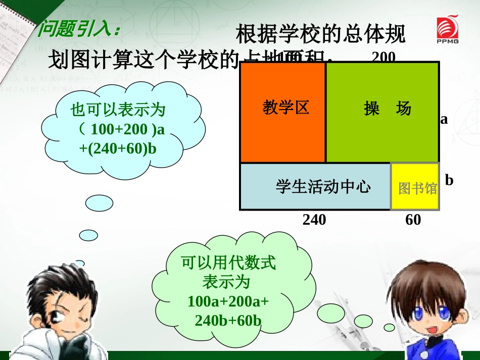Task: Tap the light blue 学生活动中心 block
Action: (x=315, y=187)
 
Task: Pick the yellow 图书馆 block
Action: (x=415, y=187)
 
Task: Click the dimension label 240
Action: (x=314, y=220)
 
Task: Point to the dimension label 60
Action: (x=413, y=220)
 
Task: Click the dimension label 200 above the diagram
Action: (x=383, y=57)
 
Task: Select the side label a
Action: (x=444, y=119)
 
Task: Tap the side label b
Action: (x=449, y=180)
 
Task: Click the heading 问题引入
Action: (x=79, y=29)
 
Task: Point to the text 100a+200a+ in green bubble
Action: (x=228, y=301)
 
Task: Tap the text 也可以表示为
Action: (x=118, y=110)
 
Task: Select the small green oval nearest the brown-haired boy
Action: (x=389, y=328)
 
